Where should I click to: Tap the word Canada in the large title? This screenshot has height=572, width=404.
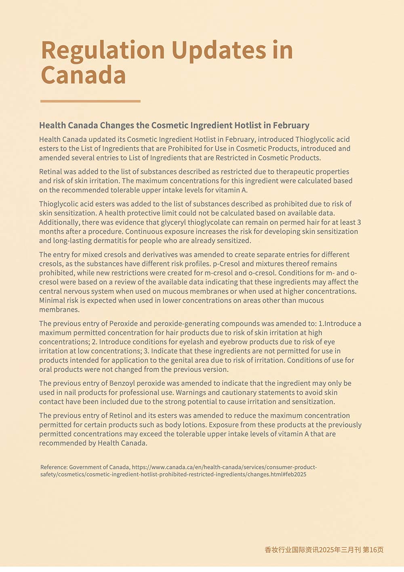83,75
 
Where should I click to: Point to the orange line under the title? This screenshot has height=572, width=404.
90,101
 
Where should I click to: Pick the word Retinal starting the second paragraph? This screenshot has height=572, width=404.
50,172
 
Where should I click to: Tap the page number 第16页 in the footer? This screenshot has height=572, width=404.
373,550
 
